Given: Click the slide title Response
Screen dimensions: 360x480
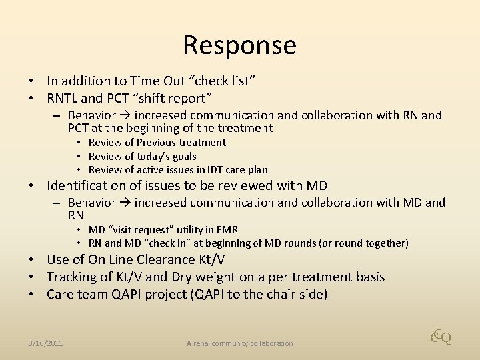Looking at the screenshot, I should [x=240, y=45].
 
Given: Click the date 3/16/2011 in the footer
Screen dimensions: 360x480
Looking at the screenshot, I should [x=46, y=343].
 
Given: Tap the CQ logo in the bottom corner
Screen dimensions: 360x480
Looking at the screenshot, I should [x=441, y=337].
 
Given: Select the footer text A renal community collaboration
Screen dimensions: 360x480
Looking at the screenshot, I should [x=239, y=343].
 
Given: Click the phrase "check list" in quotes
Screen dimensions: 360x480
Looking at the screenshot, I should [x=224, y=81].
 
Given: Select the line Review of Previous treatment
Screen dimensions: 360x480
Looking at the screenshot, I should [x=157, y=143].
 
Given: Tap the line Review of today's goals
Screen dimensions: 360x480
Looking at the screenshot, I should [x=142, y=156].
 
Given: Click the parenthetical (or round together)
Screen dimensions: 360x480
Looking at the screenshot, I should [x=354, y=243].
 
